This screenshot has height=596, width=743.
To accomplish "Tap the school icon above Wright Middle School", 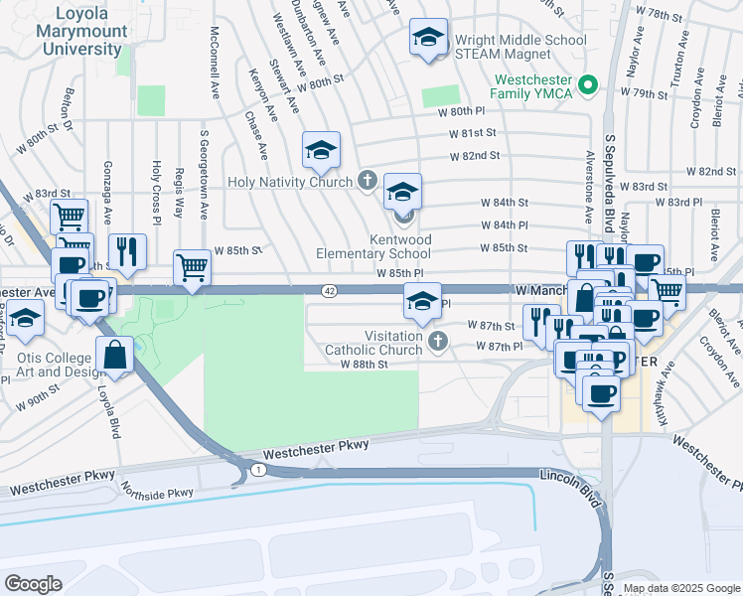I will click(x=428, y=39).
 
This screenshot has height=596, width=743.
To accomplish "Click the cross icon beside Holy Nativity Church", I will click(x=367, y=181).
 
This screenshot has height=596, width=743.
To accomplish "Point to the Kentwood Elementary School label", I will click(x=373, y=247).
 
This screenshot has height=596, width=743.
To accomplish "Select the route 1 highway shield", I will click(x=257, y=469).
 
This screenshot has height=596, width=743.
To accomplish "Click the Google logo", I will click(x=33, y=584).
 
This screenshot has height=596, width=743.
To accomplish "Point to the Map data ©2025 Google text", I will click(x=679, y=589).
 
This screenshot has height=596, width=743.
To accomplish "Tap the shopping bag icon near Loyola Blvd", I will click(x=115, y=356).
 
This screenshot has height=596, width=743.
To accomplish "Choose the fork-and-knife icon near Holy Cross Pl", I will click(x=127, y=251).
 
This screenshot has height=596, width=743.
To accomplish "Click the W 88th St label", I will click(x=363, y=365).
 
